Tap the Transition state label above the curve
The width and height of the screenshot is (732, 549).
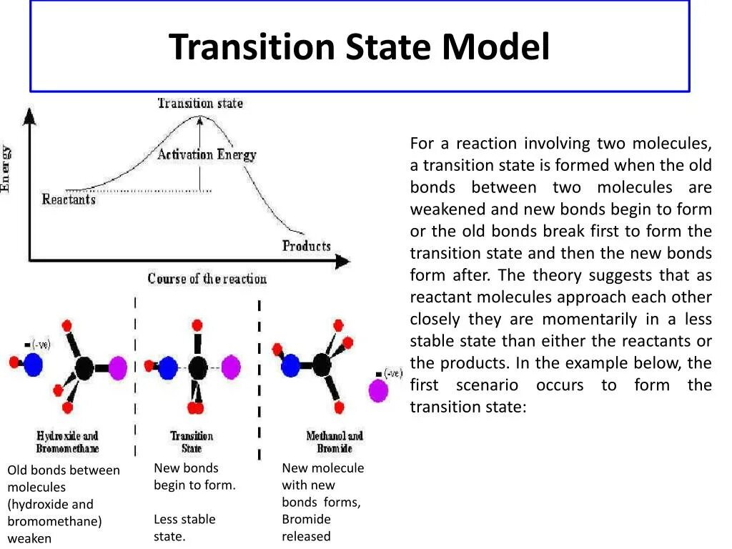point(200,103)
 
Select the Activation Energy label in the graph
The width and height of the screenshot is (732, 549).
point(207,154)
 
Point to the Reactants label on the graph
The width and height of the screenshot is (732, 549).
point(69,199)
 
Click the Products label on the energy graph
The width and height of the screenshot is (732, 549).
point(306,246)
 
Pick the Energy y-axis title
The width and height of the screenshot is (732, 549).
point(6,168)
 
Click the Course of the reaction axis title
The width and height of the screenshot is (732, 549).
point(207,279)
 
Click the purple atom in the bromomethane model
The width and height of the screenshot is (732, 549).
point(117,368)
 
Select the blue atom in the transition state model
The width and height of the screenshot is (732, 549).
point(167,368)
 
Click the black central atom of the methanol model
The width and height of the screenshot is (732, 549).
point(322,365)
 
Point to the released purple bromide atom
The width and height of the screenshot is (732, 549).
point(378,391)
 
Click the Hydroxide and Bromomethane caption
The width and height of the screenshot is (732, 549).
point(67,442)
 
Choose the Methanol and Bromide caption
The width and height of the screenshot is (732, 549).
point(335,442)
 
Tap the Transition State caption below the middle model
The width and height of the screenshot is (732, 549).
point(192,442)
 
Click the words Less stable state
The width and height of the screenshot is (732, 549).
point(184,528)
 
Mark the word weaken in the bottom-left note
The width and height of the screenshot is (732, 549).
point(29,538)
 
